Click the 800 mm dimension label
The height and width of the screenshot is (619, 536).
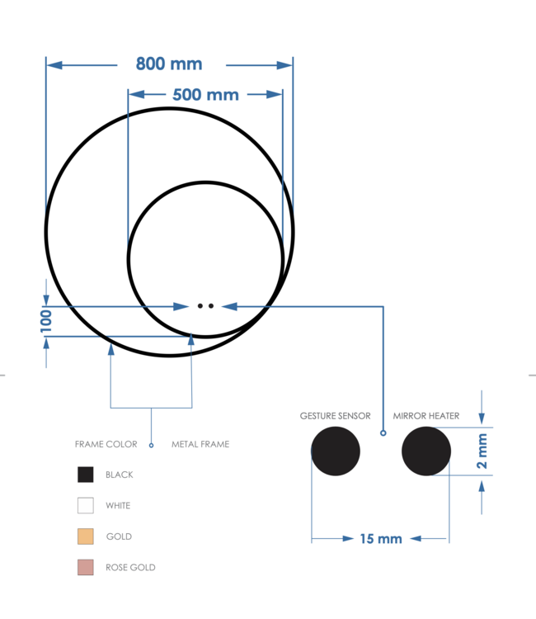[x=169, y=64]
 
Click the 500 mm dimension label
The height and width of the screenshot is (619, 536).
[x=205, y=94]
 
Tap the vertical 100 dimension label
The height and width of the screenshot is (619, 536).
[x=46, y=320]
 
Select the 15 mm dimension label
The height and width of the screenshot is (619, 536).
[x=381, y=539]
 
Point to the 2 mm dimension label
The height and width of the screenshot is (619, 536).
[x=482, y=451]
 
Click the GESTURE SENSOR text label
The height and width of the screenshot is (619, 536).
[x=335, y=416]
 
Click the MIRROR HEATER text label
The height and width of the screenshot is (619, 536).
[x=426, y=416]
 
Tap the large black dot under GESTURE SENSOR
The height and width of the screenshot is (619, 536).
[x=336, y=451]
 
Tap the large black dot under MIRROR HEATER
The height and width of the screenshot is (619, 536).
[x=426, y=451]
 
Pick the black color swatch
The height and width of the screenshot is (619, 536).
[x=86, y=475]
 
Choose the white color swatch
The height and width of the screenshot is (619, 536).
[x=86, y=505]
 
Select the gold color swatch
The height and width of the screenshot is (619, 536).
[x=86, y=536]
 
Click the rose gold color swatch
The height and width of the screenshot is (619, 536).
[x=86, y=567]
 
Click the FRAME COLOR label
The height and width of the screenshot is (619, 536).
[x=106, y=444]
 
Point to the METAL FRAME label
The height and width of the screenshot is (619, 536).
[x=200, y=444]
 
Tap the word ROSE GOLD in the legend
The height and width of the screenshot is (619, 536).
[x=130, y=568]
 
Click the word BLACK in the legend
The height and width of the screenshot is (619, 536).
[x=120, y=475]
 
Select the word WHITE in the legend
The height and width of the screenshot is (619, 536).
[x=118, y=505]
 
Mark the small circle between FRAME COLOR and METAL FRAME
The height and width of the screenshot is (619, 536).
[x=151, y=445]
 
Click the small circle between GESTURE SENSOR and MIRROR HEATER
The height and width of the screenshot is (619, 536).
[x=383, y=432]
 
